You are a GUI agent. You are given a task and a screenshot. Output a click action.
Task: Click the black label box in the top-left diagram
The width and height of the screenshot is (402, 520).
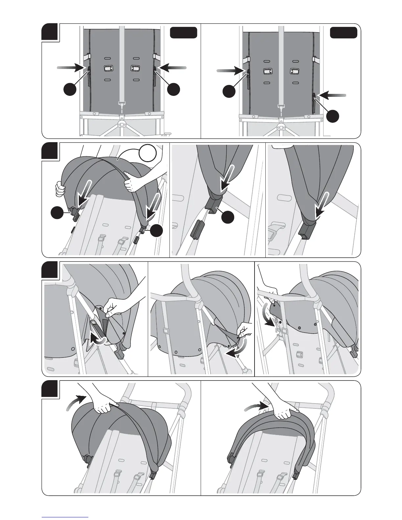tap(184, 33)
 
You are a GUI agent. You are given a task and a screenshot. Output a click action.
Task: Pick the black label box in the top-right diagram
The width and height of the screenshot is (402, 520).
tap(343, 33)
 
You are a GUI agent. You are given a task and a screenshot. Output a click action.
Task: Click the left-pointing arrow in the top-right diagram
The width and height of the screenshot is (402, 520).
tap(332, 95)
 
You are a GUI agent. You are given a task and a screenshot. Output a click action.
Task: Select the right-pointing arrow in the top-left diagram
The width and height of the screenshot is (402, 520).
tap(71, 68)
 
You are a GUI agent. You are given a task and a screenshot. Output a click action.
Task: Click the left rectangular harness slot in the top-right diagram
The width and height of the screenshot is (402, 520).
tap(266, 71)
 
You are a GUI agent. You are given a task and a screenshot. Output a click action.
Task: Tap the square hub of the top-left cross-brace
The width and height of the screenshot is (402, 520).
tap(122, 125)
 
